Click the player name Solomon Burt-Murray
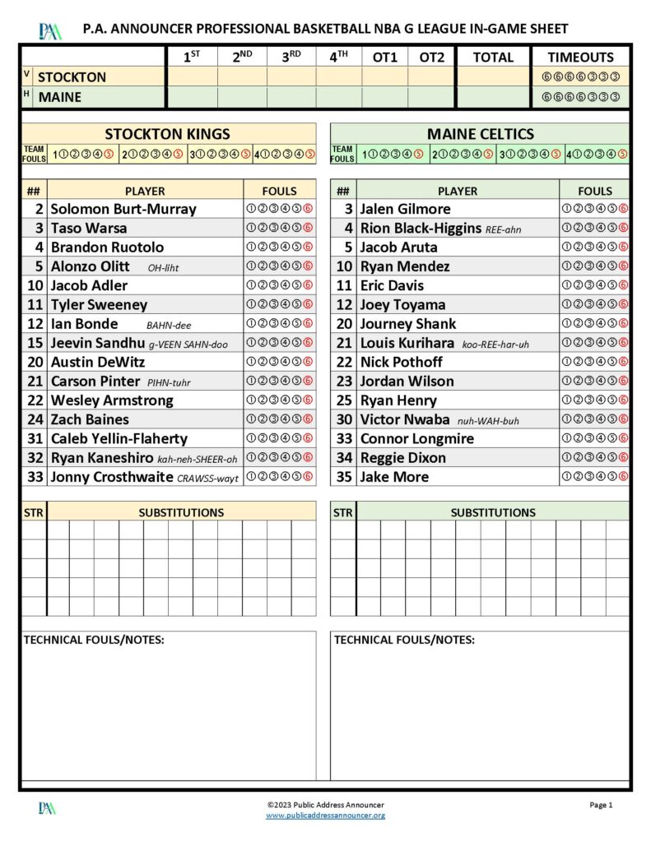point(123,209)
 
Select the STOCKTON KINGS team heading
point(168,134)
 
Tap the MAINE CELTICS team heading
point(480,134)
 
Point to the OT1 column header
point(384,58)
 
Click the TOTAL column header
point(493,58)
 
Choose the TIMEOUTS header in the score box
point(580,58)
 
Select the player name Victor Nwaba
point(405,419)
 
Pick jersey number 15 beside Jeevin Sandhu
point(35,343)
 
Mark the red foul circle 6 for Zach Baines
point(309,419)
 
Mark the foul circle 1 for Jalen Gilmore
point(566,209)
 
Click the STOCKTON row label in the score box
point(72,77)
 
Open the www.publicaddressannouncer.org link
point(325,816)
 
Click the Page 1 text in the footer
point(601,805)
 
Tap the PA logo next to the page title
point(49,31)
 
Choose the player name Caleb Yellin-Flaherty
point(119,439)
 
